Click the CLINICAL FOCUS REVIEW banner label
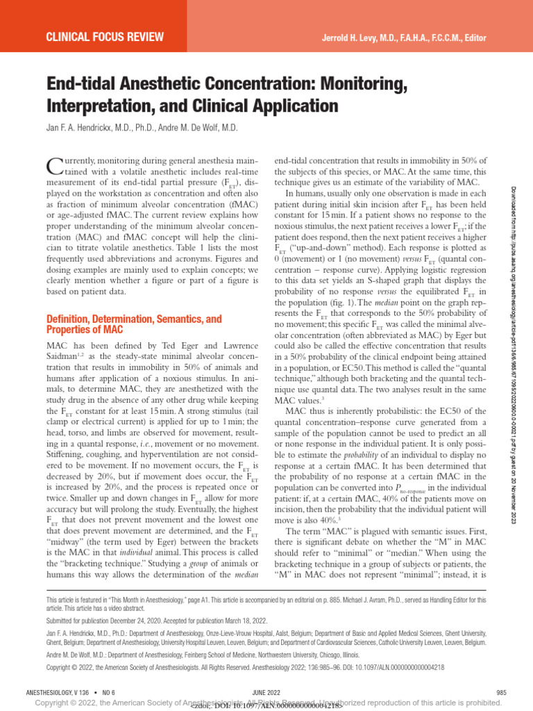pyautogui.click(x=104, y=36)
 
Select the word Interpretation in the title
pyautogui.click(x=103, y=106)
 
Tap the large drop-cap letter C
pyautogui.click(x=54, y=167)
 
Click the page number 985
pyautogui.click(x=502, y=692)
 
